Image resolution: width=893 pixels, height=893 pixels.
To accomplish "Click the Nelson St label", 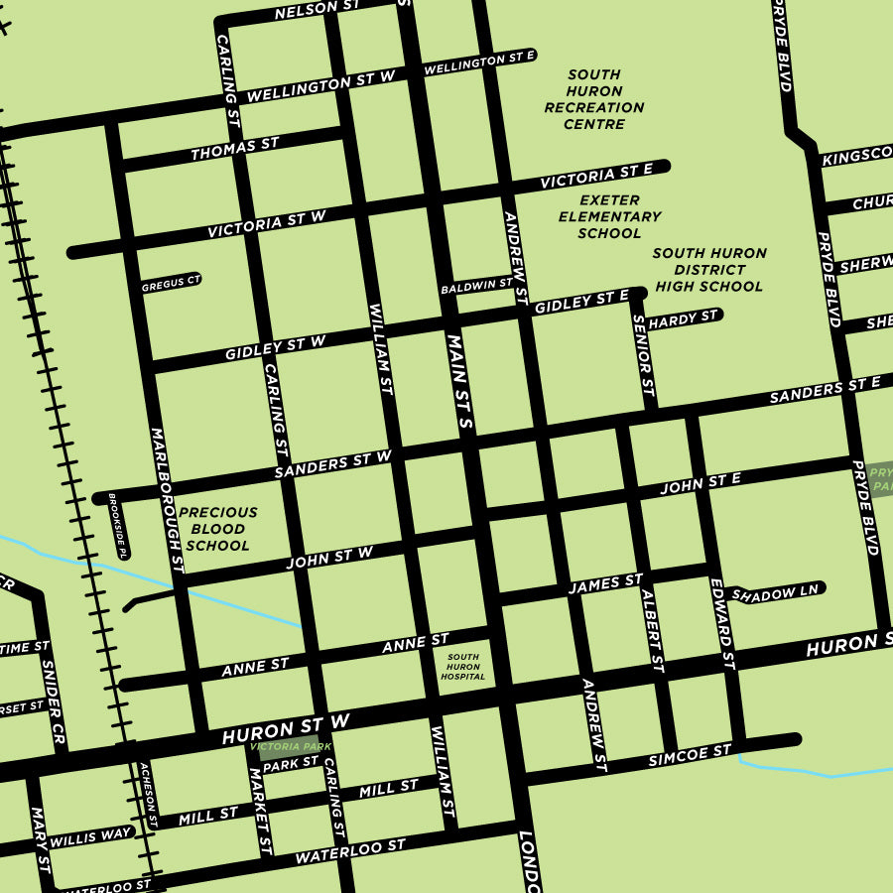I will click(x=317, y=9).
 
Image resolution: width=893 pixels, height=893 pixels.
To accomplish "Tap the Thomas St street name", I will click(x=235, y=150).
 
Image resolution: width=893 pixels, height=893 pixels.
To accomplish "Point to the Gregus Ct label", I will click(x=170, y=283).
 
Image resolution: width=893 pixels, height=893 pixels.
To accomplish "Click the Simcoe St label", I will click(x=690, y=755).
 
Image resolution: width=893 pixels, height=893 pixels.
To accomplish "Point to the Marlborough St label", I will click(x=167, y=500).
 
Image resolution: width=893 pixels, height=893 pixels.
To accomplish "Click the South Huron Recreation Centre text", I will click(x=594, y=99).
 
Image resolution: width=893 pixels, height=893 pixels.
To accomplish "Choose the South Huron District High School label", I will click(x=708, y=269).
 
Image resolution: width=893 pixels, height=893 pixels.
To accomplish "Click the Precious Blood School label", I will click(x=217, y=529).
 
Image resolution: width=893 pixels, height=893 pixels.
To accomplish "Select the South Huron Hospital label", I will click(x=463, y=667).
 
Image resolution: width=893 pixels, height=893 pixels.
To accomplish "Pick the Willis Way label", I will click(x=90, y=836).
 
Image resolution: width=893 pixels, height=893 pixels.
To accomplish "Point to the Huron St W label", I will click(x=287, y=729).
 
